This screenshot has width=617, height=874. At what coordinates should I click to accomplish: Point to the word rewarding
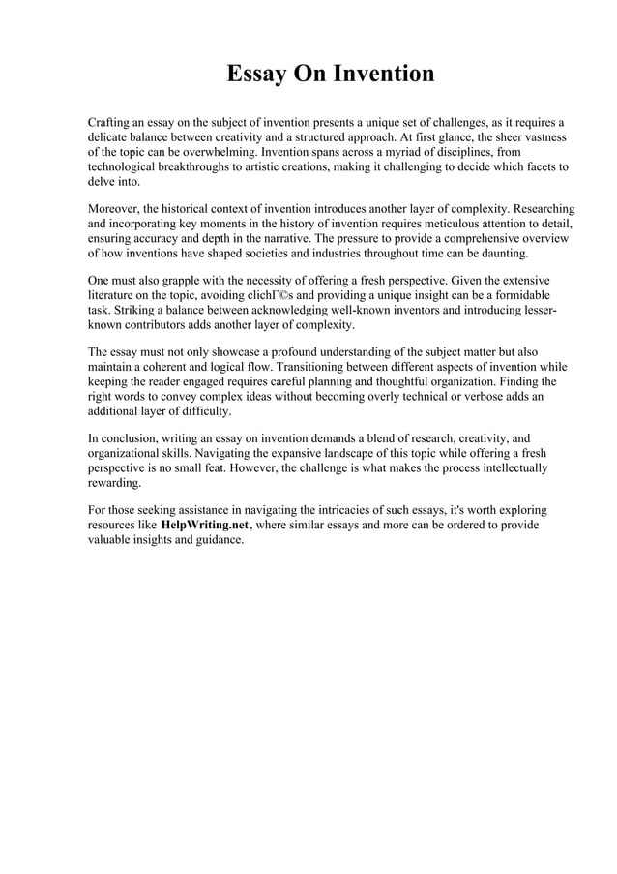(114, 482)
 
